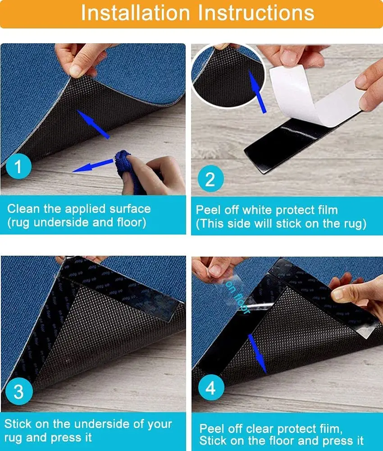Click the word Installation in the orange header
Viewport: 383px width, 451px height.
click(x=136, y=13)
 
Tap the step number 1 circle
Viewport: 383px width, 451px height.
click(x=18, y=166)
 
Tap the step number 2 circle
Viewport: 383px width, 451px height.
click(x=210, y=179)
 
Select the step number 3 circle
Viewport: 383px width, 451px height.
click(x=19, y=391)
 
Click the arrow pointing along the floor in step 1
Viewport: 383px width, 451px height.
click(x=92, y=166)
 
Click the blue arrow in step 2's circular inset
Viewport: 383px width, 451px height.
click(x=257, y=92)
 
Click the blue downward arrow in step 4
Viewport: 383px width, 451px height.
click(x=257, y=353)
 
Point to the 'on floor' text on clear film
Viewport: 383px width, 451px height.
click(x=237, y=297)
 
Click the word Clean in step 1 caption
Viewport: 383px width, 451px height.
click(x=23, y=209)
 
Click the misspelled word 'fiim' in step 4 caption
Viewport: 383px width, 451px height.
click(x=330, y=428)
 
